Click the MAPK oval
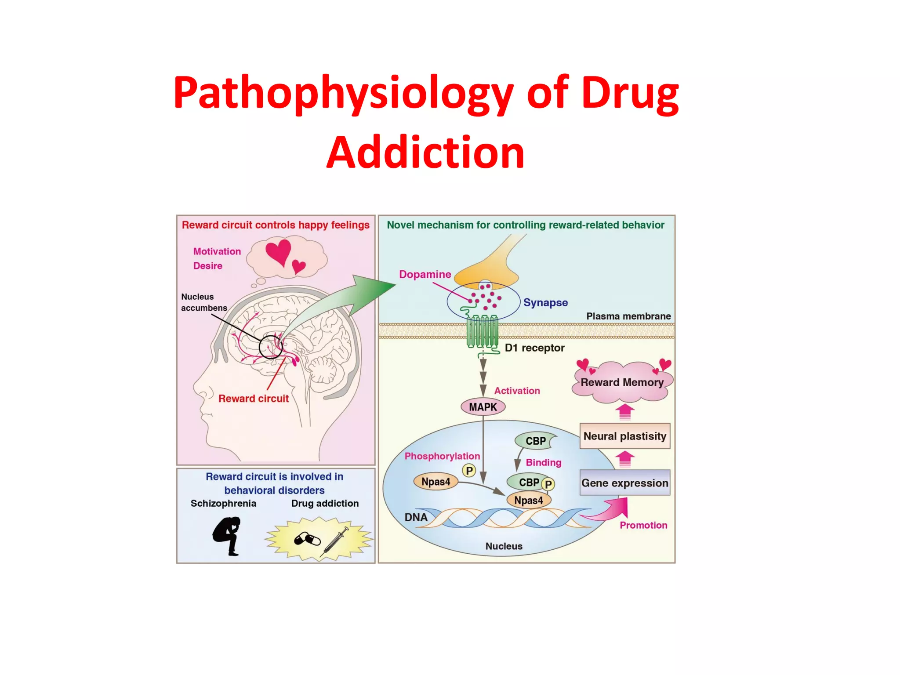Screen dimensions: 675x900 [483, 406]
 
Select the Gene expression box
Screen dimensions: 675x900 [624, 483]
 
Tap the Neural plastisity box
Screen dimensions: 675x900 [624, 436]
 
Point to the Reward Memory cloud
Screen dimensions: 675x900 [622, 382]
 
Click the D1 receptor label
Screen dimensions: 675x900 [534, 348]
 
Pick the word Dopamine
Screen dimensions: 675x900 [425, 274]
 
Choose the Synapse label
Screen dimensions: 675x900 [545, 302]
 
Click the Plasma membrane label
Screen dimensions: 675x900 [628, 316]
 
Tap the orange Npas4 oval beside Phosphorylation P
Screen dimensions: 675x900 [435, 482]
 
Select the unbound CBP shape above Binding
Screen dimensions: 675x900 [535, 441]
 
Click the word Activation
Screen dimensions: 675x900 [517, 391]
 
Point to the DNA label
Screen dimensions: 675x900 [416, 517]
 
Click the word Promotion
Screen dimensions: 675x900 [643, 525]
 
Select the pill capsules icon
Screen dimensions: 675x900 [307, 539]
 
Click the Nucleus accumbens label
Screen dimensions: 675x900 [204, 302]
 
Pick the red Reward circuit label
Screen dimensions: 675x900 [254, 399]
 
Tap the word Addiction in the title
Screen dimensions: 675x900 [425, 152]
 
